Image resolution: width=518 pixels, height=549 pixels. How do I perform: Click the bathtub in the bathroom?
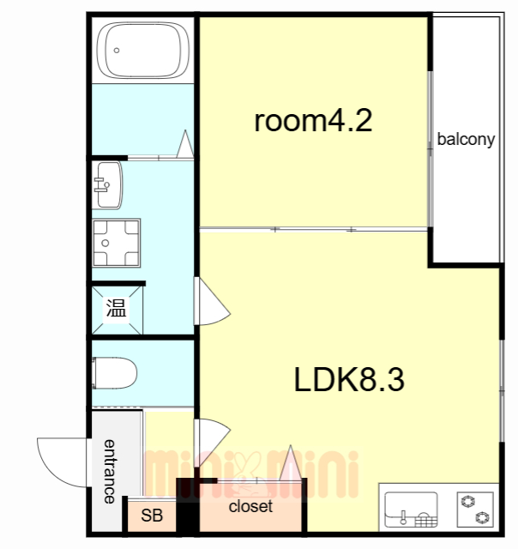point(143,50)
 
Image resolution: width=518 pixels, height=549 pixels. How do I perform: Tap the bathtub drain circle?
point(117,51)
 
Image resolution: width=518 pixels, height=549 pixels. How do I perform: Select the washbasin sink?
point(108,185)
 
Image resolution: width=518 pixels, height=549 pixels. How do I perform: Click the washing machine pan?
point(116,243)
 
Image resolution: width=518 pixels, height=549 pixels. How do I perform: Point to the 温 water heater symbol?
point(116,308)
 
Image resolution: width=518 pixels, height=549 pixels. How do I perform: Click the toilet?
point(114,373)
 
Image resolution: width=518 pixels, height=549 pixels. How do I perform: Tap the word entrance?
point(110,471)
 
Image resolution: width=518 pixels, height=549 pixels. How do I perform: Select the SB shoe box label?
point(152,515)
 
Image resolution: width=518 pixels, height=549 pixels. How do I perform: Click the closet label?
point(250,506)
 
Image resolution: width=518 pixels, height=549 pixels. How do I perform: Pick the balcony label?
point(466,139)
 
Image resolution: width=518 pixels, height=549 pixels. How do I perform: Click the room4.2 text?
point(313,120)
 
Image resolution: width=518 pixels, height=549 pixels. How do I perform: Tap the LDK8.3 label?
point(349,379)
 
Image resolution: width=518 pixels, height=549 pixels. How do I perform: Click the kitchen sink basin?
point(411,510)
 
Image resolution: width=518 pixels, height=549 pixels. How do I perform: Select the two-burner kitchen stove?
point(475,510)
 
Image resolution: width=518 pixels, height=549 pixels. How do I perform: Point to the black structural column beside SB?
point(188,507)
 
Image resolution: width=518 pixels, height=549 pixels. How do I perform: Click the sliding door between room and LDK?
point(314,230)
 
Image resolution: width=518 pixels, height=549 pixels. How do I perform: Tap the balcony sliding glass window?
point(431,149)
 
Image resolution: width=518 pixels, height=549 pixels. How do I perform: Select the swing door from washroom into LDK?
point(211,302)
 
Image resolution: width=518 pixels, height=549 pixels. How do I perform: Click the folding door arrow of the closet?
point(291,463)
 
